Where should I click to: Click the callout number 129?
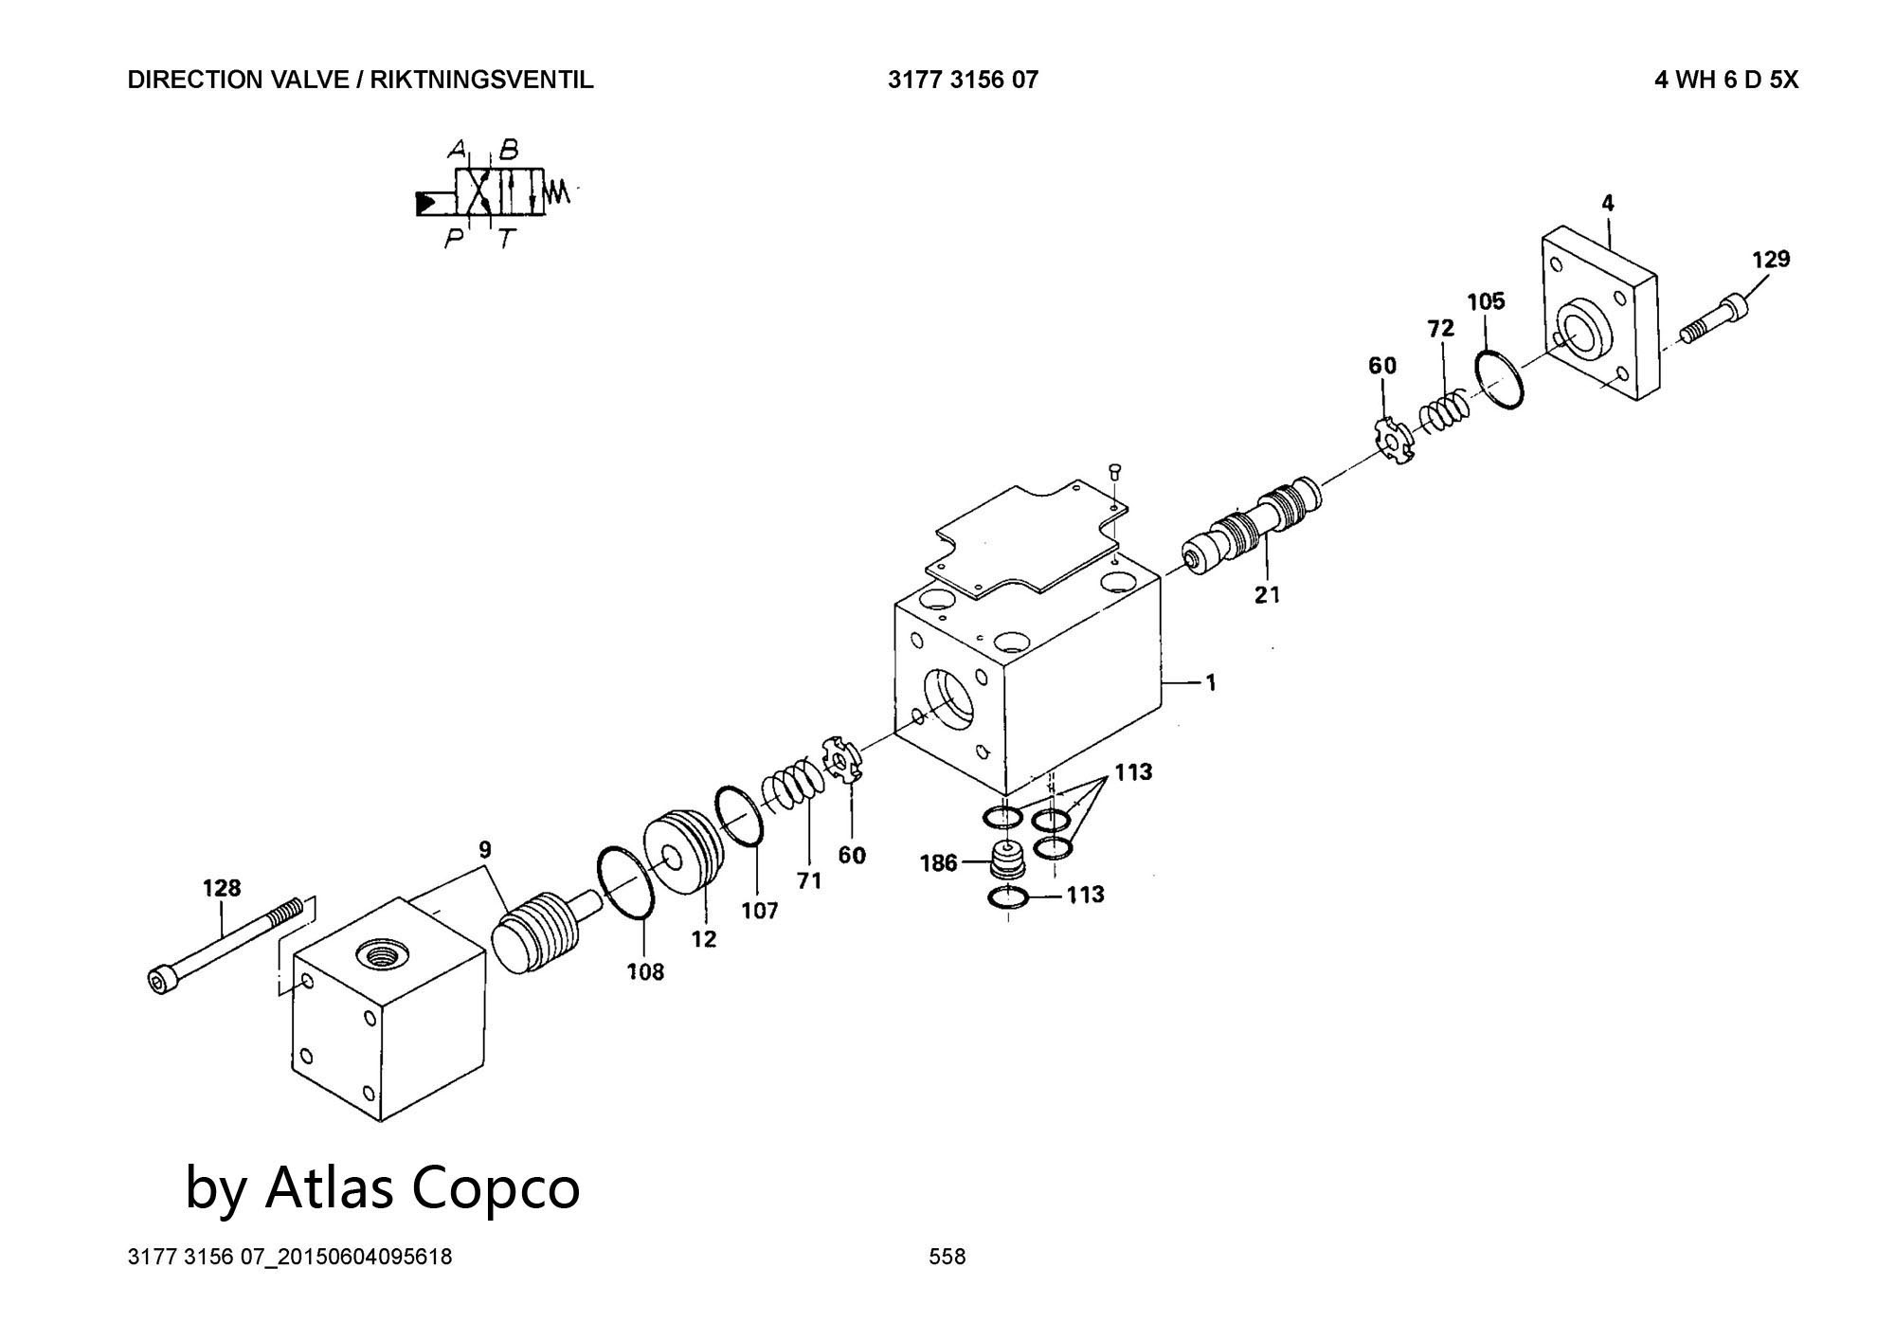(1770, 259)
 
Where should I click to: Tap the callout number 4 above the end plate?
(1608, 203)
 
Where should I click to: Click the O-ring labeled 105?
(1500, 379)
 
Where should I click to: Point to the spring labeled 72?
(1445, 411)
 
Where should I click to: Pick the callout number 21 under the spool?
(1267, 594)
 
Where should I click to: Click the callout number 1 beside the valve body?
(1210, 682)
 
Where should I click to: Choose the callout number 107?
(759, 911)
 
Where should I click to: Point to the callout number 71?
(808, 880)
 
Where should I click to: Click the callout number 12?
(703, 939)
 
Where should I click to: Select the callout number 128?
(222, 888)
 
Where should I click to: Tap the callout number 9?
(484, 848)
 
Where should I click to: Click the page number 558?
(947, 1257)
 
